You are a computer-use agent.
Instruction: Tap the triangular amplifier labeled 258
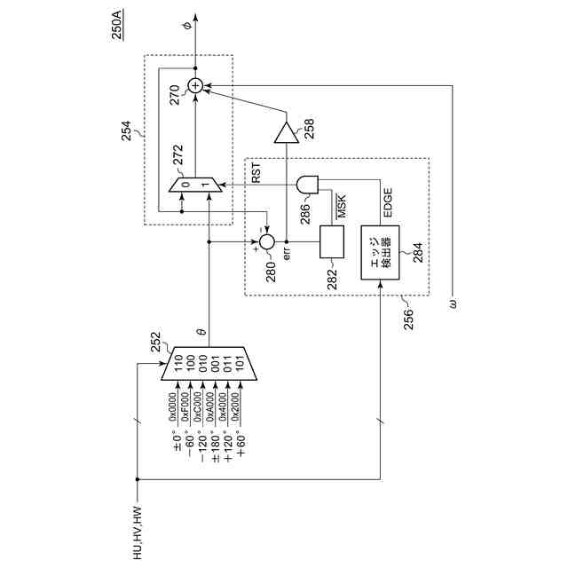pos(285,134)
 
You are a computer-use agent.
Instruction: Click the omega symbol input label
pos(453,304)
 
